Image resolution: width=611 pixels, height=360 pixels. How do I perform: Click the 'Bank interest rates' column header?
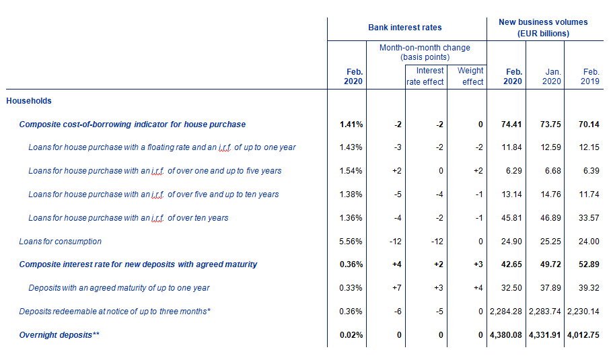pyautogui.click(x=405, y=28)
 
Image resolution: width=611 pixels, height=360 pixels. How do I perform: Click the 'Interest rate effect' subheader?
pyautogui.click(x=425, y=76)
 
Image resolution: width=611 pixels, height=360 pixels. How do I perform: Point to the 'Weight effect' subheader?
pyautogui.click(x=470, y=76)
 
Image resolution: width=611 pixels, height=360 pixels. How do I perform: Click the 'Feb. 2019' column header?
pyautogui.click(x=590, y=76)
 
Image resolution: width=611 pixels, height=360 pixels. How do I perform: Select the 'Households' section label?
pyautogui.click(x=29, y=100)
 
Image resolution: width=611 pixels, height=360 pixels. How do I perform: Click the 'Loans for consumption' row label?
pyautogui.click(x=61, y=241)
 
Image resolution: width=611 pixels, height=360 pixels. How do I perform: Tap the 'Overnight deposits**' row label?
pyautogui.click(x=59, y=334)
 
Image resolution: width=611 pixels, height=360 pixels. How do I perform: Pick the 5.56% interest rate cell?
pyautogui.click(x=351, y=241)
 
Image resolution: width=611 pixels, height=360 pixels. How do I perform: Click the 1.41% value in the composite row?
pyautogui.click(x=351, y=124)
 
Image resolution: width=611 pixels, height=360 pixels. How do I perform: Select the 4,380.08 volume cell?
pyautogui.click(x=506, y=334)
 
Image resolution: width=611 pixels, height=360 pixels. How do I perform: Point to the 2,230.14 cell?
pyautogui.click(x=583, y=312)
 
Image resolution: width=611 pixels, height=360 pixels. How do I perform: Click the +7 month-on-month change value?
pyautogui.click(x=397, y=288)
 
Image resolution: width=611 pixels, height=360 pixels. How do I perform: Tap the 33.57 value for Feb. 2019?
pyautogui.click(x=589, y=218)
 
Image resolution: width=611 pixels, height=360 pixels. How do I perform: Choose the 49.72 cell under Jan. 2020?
pyautogui.click(x=550, y=264)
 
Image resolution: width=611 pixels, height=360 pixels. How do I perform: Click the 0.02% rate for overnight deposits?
pyautogui.click(x=351, y=334)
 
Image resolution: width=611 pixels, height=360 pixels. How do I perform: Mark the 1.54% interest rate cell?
pyautogui.click(x=351, y=171)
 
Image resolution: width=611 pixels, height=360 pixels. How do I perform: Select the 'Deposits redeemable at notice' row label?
pyautogui.click(x=115, y=312)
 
